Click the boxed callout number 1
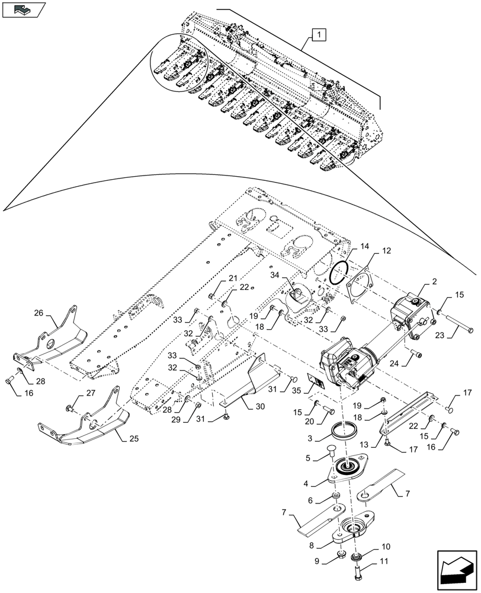coord(319,36)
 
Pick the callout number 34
coord(275,275)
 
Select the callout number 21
coord(232,279)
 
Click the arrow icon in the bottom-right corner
coord(456,569)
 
